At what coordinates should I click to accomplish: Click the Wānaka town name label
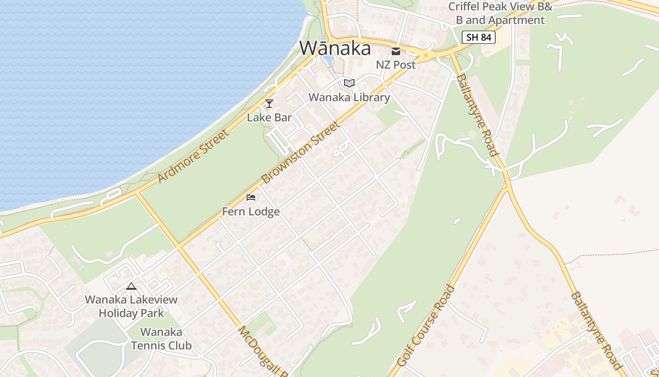point(335,48)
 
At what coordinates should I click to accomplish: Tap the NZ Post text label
point(395,65)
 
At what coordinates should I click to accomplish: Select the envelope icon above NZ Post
point(395,51)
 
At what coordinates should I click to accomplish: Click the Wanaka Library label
point(349,98)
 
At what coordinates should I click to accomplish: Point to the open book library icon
point(349,83)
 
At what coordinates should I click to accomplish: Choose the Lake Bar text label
point(269,117)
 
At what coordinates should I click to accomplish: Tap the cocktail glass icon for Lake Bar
point(269,104)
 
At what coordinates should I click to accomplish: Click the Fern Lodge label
point(251,212)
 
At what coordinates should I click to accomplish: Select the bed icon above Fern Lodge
point(251,197)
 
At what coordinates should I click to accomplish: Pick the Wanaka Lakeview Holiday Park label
point(131,306)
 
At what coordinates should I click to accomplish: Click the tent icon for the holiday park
point(131,286)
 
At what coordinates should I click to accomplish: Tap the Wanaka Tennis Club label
point(161,339)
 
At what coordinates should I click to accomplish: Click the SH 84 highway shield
point(479,37)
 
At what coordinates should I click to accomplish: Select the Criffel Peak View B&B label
point(500,14)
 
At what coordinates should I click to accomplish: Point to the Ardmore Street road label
point(194,156)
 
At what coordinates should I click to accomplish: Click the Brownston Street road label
point(300,152)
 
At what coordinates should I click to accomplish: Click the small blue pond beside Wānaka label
point(328,60)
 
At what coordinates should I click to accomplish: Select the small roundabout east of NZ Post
point(426,56)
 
